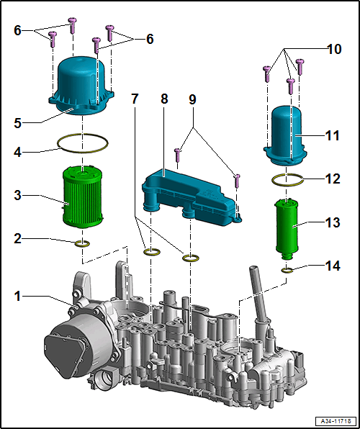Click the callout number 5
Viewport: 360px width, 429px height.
[x=18, y=123]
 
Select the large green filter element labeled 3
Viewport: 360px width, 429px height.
[x=83, y=197]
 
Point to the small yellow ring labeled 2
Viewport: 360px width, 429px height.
[x=82, y=243]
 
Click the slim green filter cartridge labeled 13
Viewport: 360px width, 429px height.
[x=287, y=228]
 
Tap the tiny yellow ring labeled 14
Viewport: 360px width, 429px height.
[x=287, y=271]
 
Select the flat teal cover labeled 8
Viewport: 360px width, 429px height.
[x=192, y=197]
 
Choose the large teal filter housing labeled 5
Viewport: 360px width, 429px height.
[x=81, y=86]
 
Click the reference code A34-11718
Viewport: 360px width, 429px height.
[x=336, y=420]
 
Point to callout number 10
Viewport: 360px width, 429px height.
[x=333, y=49]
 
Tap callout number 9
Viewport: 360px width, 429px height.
[x=192, y=99]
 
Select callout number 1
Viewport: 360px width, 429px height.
[x=18, y=297]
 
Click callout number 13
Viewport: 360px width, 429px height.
[x=333, y=222]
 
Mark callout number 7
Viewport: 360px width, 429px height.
[x=134, y=99]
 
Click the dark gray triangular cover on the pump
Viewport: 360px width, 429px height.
[x=63, y=354]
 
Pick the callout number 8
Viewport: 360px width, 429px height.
[x=163, y=99]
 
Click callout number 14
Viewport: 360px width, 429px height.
[x=333, y=266]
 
